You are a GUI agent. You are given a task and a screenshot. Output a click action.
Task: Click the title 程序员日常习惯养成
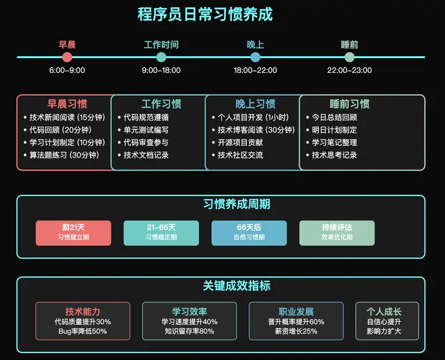coord(205,14)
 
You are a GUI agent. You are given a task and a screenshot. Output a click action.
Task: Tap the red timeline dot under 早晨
coord(67,57)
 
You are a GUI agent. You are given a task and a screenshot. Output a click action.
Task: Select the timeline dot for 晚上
coord(255,57)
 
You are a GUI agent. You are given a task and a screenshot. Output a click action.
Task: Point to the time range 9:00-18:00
coord(161,71)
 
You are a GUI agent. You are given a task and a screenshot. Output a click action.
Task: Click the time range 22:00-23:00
coord(349,71)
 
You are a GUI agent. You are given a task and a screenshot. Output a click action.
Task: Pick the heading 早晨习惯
coord(67,104)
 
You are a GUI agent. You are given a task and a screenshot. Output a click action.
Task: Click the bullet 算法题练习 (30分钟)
coord(64,155)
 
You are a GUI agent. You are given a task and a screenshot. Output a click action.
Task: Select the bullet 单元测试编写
coord(146,130)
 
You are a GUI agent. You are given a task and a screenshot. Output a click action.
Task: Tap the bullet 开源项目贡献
coord(240,142)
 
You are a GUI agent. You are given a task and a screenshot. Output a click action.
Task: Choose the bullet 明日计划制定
coord(334,130)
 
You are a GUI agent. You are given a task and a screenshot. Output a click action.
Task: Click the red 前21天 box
coord(74,233)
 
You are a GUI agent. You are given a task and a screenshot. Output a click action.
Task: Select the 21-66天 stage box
coord(161,233)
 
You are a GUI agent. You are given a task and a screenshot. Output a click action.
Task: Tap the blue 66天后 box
coord(249,233)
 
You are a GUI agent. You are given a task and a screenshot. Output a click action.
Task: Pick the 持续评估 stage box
coord(337,233)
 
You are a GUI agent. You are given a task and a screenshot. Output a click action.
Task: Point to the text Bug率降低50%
coord(83,332)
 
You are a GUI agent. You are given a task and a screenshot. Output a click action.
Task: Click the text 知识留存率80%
coord(189,332)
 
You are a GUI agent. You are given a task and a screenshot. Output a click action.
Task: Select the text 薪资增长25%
coord(296,332)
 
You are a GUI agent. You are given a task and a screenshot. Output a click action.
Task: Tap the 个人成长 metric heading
coord(384,312)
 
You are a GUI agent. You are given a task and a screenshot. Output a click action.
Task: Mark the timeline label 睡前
coord(349,45)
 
